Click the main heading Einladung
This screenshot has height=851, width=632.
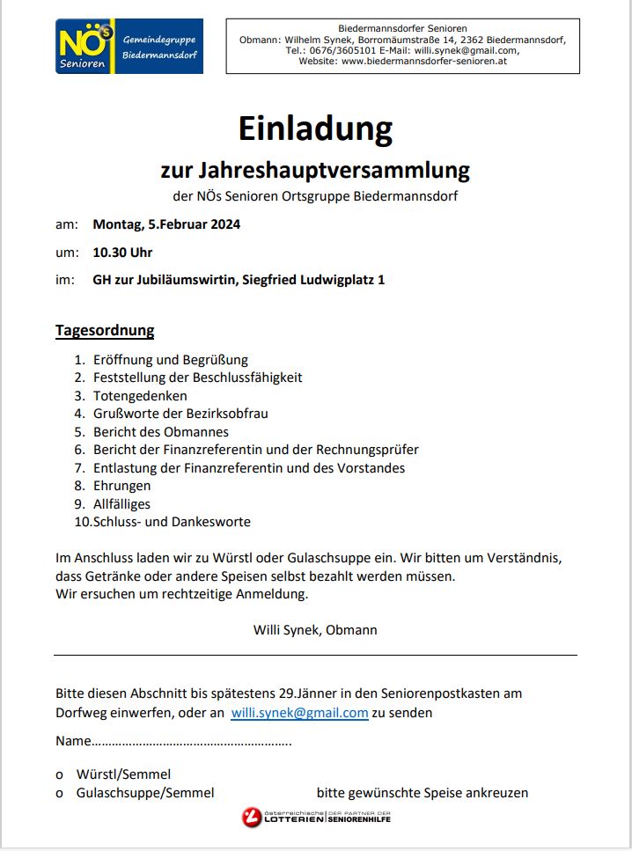pyautogui.click(x=315, y=128)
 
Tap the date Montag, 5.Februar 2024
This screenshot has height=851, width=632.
pyautogui.click(x=166, y=224)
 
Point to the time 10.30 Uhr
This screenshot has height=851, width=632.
pyautogui.click(x=122, y=253)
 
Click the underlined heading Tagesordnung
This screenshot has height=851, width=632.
pyautogui.click(x=105, y=331)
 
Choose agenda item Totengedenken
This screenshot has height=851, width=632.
pyautogui.click(x=140, y=396)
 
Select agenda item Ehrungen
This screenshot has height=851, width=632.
pyautogui.click(x=122, y=486)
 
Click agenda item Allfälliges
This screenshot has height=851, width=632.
pyautogui.click(x=121, y=504)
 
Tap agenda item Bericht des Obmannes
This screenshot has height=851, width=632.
pyautogui.click(x=161, y=432)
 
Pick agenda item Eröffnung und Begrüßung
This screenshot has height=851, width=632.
pyautogui.click(x=171, y=360)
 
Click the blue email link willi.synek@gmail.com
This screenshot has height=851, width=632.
pyautogui.click(x=299, y=713)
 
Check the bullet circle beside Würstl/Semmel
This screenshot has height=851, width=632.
pyautogui.click(x=59, y=775)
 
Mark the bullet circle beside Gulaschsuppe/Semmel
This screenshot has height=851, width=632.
pyautogui.click(x=59, y=793)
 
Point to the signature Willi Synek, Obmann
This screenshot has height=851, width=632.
pyautogui.click(x=315, y=630)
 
